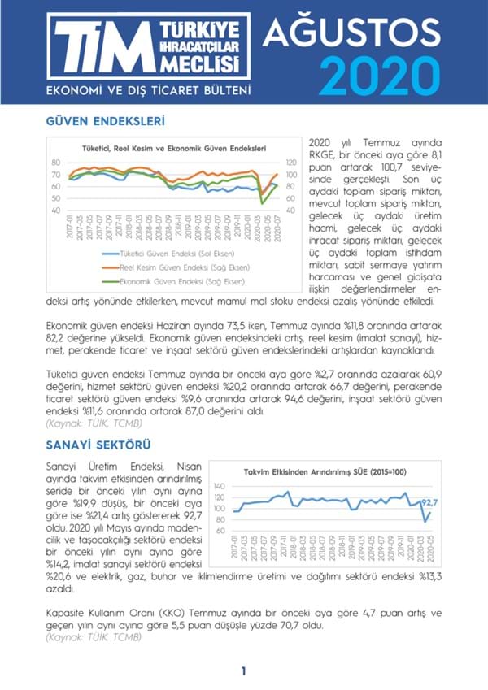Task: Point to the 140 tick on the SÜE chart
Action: [x=219, y=485]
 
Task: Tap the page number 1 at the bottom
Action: [x=243, y=670]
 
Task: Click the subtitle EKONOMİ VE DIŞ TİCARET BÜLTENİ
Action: [x=148, y=89]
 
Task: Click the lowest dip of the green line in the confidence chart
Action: [x=261, y=202]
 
